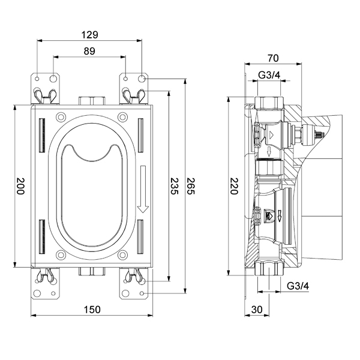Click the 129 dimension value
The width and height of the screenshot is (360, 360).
(x=90, y=35)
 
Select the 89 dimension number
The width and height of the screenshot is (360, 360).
(x=89, y=51)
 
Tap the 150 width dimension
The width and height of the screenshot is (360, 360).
(x=92, y=310)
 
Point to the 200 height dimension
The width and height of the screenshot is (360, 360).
(x=20, y=186)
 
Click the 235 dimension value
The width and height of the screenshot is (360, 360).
(x=174, y=186)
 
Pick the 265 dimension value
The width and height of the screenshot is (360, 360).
(x=191, y=186)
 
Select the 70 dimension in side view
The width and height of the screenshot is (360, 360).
(x=273, y=58)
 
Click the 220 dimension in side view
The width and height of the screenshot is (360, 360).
(x=234, y=186)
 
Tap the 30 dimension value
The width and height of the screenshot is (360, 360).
(x=257, y=310)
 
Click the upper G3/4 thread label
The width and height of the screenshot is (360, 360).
(x=269, y=75)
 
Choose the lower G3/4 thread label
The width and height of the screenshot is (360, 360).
(x=298, y=286)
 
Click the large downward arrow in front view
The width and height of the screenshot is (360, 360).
(x=143, y=189)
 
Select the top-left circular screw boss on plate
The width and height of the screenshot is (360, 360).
(x=61, y=117)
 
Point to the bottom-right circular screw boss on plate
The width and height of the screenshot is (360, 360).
(x=122, y=255)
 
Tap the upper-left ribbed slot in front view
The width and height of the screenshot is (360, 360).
(x=42, y=135)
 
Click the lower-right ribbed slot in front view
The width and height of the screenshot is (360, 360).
(x=140, y=237)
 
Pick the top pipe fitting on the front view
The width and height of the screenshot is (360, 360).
(x=92, y=101)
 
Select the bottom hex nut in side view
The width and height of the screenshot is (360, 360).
(x=269, y=268)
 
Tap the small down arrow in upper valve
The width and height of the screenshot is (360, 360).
(x=269, y=152)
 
